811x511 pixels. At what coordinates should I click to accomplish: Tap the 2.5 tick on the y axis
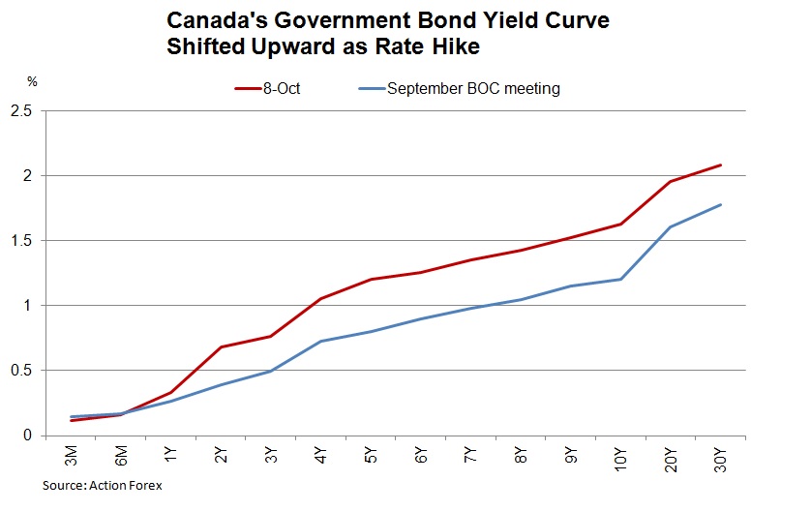[x=20, y=111]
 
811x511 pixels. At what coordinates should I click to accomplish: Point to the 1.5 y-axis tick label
[x=20, y=240]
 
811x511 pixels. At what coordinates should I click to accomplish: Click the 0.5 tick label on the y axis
[x=20, y=370]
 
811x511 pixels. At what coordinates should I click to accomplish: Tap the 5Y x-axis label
[x=372, y=455]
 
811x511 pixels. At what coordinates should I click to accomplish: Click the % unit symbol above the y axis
[x=31, y=82]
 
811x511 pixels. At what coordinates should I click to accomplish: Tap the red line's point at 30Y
[x=721, y=165]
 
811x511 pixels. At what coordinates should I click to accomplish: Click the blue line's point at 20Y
[x=671, y=227]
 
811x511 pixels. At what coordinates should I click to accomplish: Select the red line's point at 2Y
[x=222, y=346]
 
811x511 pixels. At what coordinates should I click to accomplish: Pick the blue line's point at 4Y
[x=321, y=341]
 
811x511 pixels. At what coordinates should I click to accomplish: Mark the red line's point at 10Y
[x=620, y=224]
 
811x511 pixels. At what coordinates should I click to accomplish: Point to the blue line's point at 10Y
[x=620, y=279]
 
